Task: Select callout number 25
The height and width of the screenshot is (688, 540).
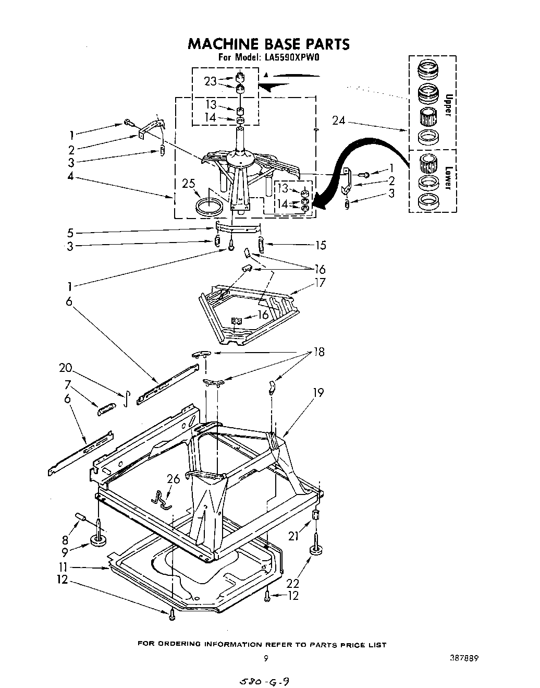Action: coord(189,183)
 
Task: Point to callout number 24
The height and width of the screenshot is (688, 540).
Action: coord(339,120)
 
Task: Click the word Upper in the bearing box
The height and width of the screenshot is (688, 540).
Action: coord(447,104)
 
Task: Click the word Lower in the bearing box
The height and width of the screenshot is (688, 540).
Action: coord(447,179)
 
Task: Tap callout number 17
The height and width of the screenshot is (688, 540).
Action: coord(320,283)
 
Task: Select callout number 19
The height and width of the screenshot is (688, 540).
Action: coord(318,392)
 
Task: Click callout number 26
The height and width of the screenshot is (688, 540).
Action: coord(173,478)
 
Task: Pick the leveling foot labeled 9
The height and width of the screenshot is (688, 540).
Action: coord(97,538)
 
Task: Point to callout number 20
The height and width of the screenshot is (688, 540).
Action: coord(65,368)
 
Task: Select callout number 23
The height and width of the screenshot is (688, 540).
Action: coord(210,81)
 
